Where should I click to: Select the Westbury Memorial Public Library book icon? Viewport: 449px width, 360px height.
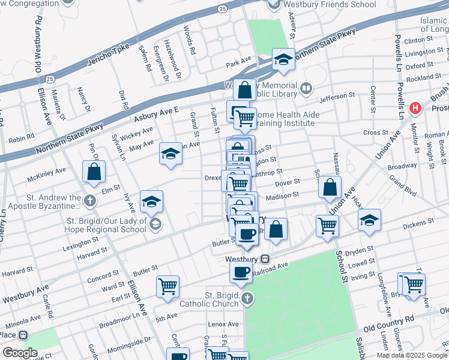pos(306,89)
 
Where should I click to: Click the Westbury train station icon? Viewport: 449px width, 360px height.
pos(265,259)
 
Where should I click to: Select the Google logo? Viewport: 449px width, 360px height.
pos(20,353)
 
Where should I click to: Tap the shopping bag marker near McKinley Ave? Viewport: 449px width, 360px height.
pos(94,173)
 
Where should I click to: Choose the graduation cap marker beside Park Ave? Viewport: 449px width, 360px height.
pos(283,60)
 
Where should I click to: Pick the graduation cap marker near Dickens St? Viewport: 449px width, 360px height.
pos(369,220)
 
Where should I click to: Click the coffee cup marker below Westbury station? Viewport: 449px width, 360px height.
pos(241,272)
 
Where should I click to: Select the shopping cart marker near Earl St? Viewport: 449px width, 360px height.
pos(167,286)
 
